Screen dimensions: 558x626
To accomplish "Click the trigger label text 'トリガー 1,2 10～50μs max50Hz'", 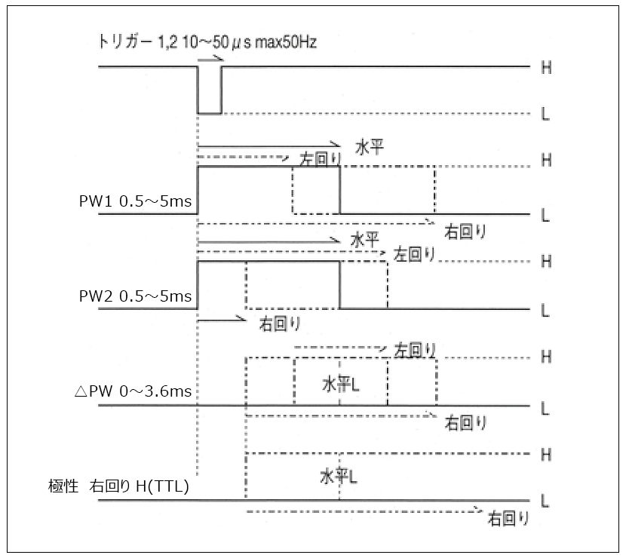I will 207,42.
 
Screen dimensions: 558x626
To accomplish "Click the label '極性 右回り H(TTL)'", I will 118,487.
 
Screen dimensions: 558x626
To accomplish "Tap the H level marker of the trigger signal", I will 545,68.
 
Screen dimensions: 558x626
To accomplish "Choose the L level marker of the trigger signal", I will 545,114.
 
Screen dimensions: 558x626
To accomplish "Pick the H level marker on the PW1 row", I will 545,161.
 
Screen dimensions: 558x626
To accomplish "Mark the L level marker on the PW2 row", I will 545,310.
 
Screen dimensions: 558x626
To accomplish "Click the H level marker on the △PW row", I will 545,357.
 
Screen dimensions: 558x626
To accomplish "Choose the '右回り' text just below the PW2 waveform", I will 281,324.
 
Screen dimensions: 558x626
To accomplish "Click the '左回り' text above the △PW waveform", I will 416,350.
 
